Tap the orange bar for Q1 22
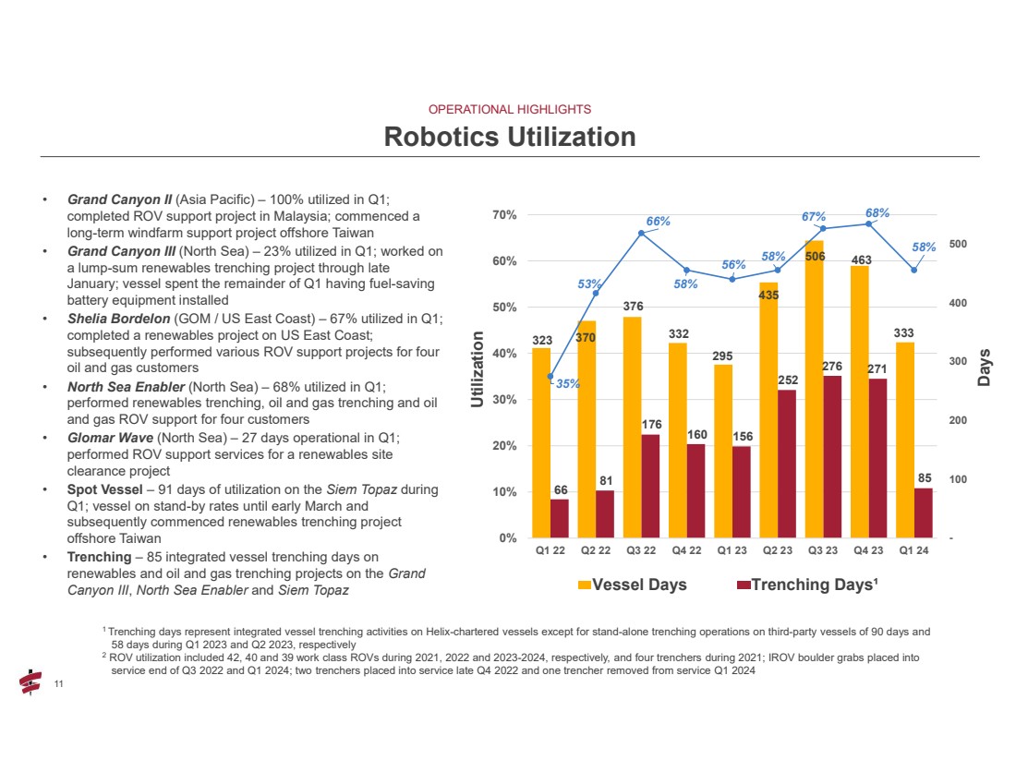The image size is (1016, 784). (541, 443)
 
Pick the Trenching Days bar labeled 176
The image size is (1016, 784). (650, 486)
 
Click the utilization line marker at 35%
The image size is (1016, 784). (550, 377)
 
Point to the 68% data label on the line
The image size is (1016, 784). (877, 213)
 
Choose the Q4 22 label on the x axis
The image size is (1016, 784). (686, 552)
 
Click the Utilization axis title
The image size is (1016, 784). (477, 369)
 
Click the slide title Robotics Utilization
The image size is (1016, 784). (510, 138)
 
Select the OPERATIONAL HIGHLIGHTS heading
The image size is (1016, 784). (510, 109)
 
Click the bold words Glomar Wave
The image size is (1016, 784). (103, 440)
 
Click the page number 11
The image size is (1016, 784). (58, 684)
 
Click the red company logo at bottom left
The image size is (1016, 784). (31, 682)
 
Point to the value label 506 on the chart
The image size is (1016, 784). (815, 256)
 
